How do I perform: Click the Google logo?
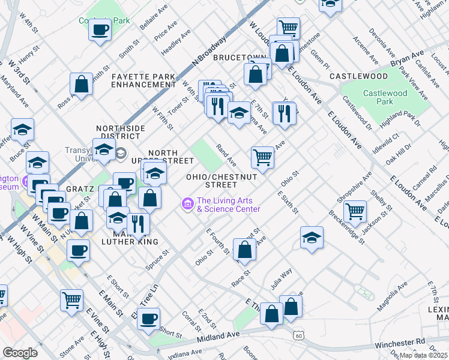tap(20, 353)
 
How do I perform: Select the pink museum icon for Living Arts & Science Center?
tap(187, 205)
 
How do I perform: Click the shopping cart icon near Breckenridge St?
tap(355, 211)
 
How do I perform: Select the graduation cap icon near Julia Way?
tap(312, 237)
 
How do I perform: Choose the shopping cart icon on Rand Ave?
tap(263, 157)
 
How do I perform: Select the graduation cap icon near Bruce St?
tap(22, 130)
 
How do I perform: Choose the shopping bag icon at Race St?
tap(244, 251)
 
